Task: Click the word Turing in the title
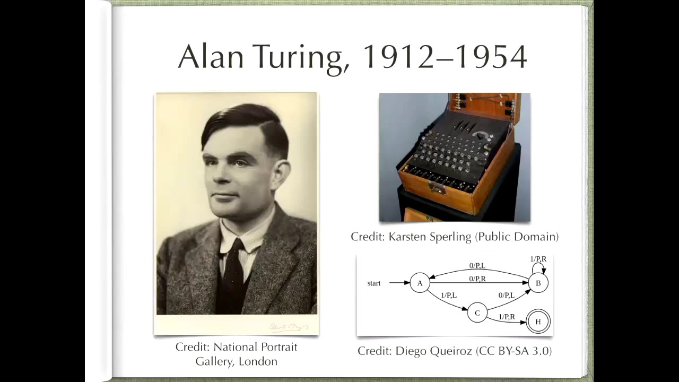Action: pos(300,57)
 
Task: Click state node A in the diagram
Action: pos(420,283)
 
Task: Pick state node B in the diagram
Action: pos(538,283)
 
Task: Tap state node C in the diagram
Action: pos(477,312)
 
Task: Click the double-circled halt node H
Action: pos(538,322)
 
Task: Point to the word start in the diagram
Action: pos(374,283)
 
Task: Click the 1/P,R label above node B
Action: pos(538,259)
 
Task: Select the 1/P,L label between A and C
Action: pos(449,295)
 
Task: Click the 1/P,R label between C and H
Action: pos(507,317)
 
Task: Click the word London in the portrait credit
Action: pos(258,361)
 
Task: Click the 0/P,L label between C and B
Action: pos(507,295)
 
